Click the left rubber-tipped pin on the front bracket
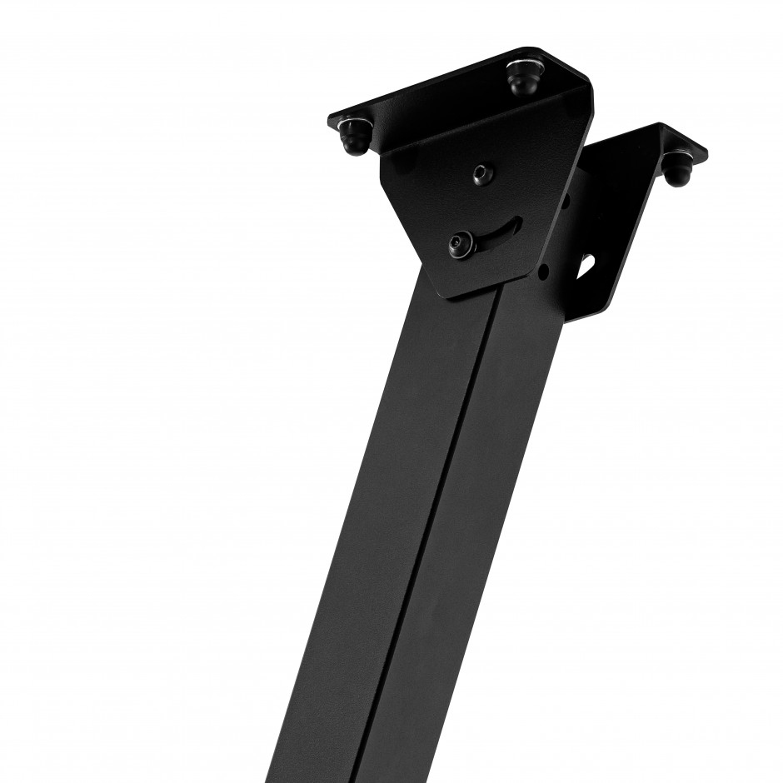(x=356, y=138)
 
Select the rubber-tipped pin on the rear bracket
(x=675, y=170)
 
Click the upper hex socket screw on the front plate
(x=482, y=174)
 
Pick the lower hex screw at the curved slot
(x=461, y=244)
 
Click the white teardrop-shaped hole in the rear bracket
(x=586, y=264)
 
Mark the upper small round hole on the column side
(x=566, y=200)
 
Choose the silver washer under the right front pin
(x=523, y=67)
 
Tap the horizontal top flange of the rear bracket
(x=658, y=142)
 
